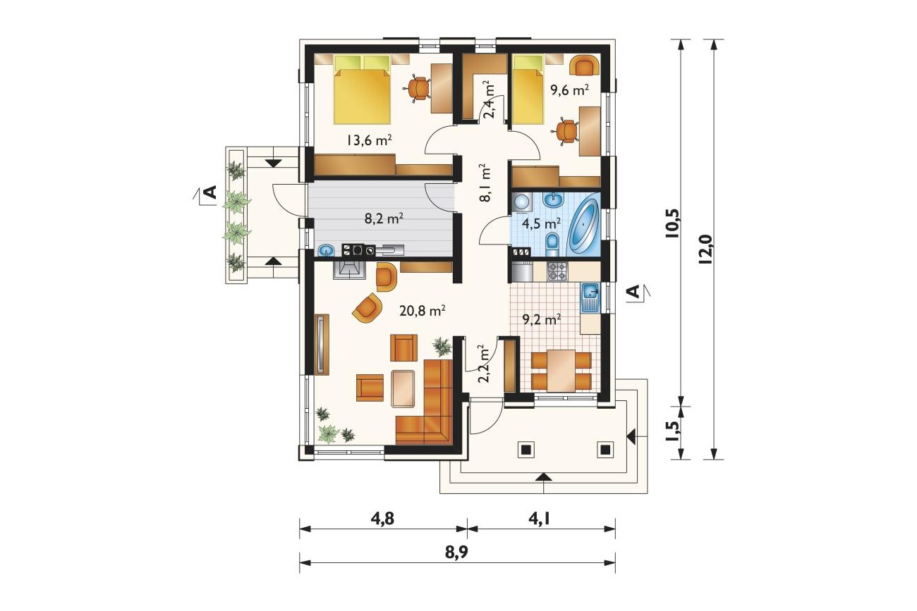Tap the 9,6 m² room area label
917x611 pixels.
(569, 90)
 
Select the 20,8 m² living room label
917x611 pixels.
(423, 311)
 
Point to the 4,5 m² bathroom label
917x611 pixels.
(542, 223)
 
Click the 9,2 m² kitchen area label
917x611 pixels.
(542, 319)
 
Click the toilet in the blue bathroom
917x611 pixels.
(552, 245)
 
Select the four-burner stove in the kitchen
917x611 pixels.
(557, 271)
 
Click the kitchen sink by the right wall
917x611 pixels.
(590, 297)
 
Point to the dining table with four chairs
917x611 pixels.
(561, 370)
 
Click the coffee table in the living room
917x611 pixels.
(403, 388)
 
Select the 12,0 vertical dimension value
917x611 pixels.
(707, 250)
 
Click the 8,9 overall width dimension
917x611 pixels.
(456, 553)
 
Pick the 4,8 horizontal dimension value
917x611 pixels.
(382, 519)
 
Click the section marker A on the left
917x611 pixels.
(209, 192)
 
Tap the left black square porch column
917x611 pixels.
(526, 450)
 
